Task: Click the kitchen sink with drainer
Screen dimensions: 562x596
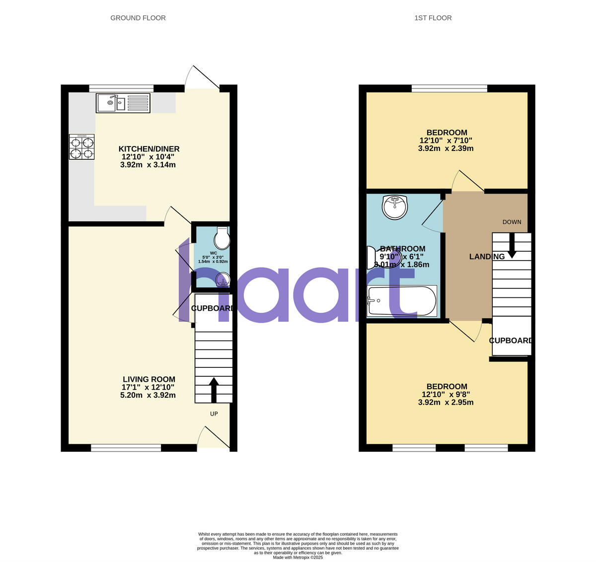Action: pos(123,103)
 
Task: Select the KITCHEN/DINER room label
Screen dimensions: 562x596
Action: pos(149,149)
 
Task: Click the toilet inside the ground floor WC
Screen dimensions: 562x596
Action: pos(221,238)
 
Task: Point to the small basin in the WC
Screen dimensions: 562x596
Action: pos(223,281)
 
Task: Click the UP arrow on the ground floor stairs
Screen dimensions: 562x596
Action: pos(214,390)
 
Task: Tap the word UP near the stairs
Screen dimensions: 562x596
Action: pos(214,414)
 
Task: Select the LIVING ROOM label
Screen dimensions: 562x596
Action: pos(149,380)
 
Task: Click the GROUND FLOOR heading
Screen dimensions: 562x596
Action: pos(138,18)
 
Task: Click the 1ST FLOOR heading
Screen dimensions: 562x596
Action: pos(433,18)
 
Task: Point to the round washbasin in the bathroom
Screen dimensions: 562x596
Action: pos(395,207)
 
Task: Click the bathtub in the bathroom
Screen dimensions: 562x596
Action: pos(401,301)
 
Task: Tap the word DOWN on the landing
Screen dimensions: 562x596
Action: pos(512,222)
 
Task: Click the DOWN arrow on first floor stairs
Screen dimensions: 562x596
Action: pos(512,246)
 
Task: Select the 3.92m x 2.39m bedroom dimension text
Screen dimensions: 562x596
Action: pos(446,148)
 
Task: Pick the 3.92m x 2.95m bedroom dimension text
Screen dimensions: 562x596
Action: pos(446,402)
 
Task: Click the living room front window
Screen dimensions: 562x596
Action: pos(126,448)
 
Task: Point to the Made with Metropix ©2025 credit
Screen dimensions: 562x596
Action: pos(298,558)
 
